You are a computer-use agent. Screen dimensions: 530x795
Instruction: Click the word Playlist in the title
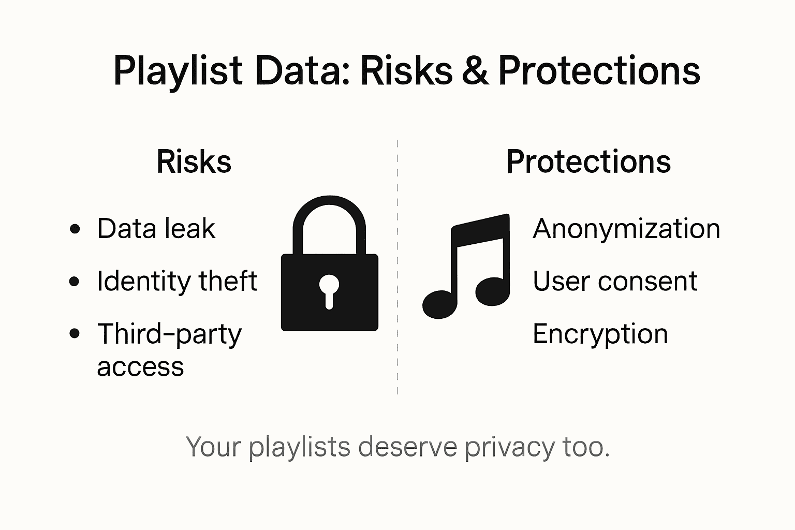178,71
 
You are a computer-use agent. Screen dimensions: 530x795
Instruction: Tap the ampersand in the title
475,71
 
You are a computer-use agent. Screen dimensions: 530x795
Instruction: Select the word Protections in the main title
599,71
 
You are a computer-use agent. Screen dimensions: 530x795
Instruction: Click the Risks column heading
194,161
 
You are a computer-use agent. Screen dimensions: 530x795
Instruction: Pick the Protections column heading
588,161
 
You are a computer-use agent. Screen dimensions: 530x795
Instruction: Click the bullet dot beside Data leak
75,229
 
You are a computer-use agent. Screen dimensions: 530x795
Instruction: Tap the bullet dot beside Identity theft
75,282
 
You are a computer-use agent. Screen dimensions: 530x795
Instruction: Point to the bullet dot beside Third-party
75,334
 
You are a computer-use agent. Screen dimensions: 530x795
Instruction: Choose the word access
140,367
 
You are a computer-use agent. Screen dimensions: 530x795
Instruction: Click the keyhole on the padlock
329,290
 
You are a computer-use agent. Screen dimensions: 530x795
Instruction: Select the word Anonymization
626,229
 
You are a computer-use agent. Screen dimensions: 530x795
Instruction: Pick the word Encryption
600,334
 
